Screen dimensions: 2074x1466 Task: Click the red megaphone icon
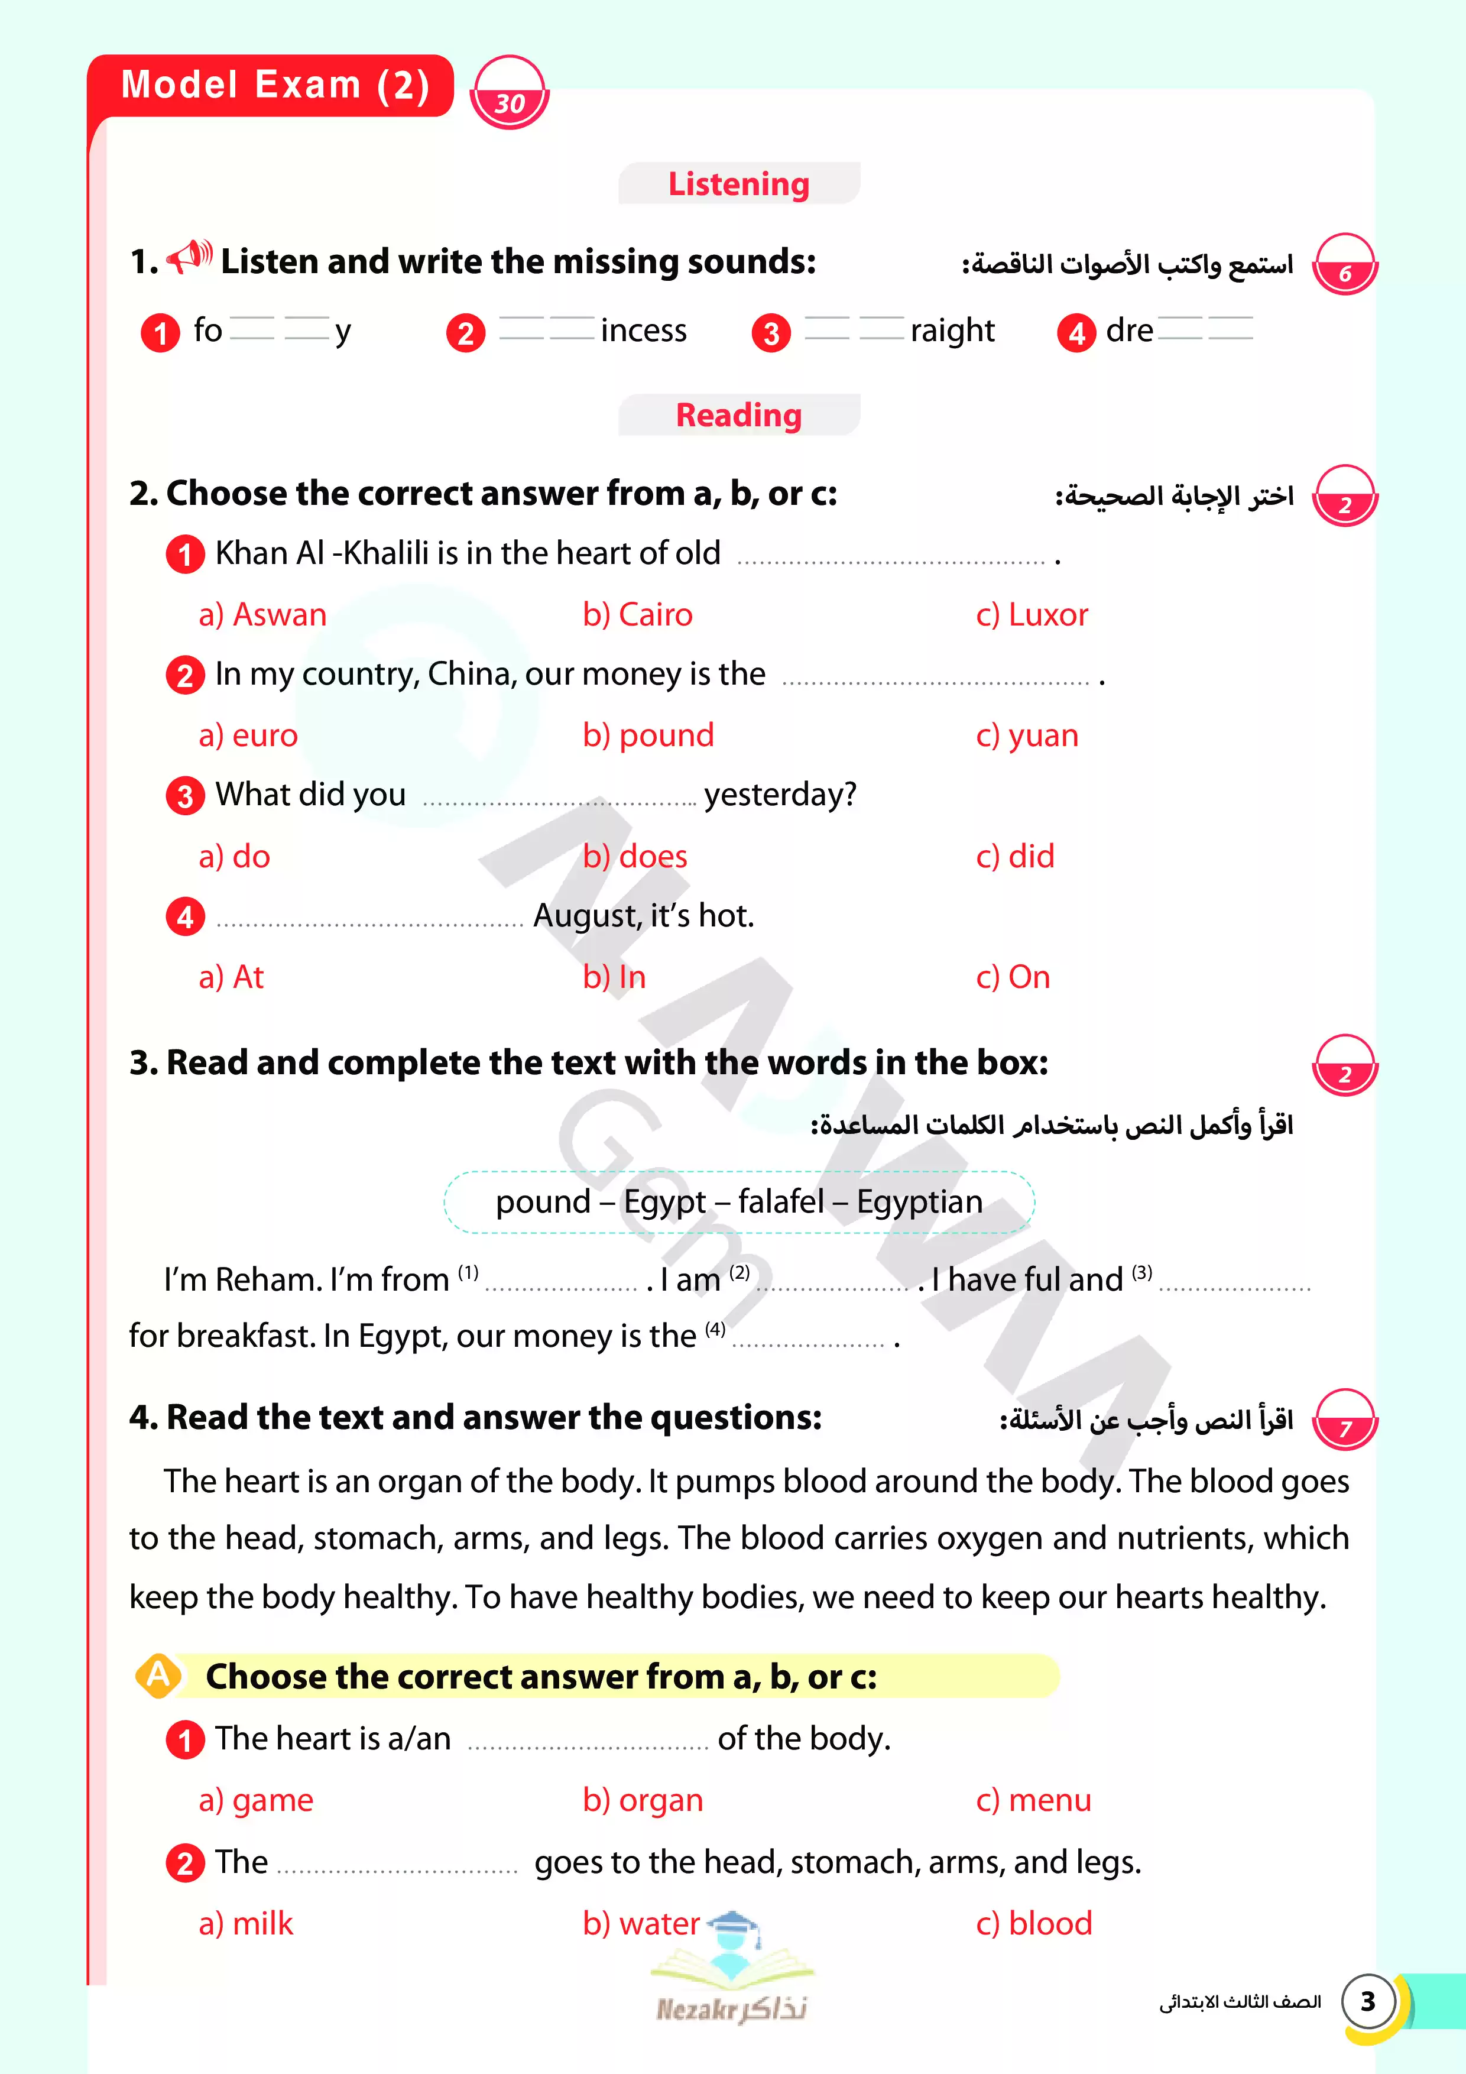coord(190,257)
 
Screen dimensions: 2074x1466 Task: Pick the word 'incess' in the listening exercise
coord(643,332)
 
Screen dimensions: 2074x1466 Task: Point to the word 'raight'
coord(952,332)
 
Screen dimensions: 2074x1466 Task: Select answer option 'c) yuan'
coord(1027,736)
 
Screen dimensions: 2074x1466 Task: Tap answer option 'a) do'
coord(234,856)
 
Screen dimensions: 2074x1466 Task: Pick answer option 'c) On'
coord(1013,977)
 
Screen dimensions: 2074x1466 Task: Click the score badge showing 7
coord(1344,1421)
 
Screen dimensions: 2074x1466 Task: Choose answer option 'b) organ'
coord(642,1800)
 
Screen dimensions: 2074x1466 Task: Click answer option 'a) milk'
coord(246,1924)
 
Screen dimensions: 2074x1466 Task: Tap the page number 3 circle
coord(1367,2002)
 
